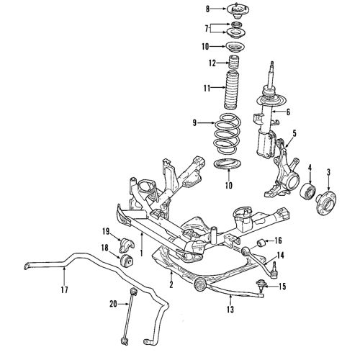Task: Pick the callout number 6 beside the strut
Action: tap(288, 112)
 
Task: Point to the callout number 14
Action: tap(282, 256)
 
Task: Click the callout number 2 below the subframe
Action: tap(171, 286)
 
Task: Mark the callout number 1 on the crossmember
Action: tap(143, 253)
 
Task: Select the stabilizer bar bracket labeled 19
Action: tap(122, 238)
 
